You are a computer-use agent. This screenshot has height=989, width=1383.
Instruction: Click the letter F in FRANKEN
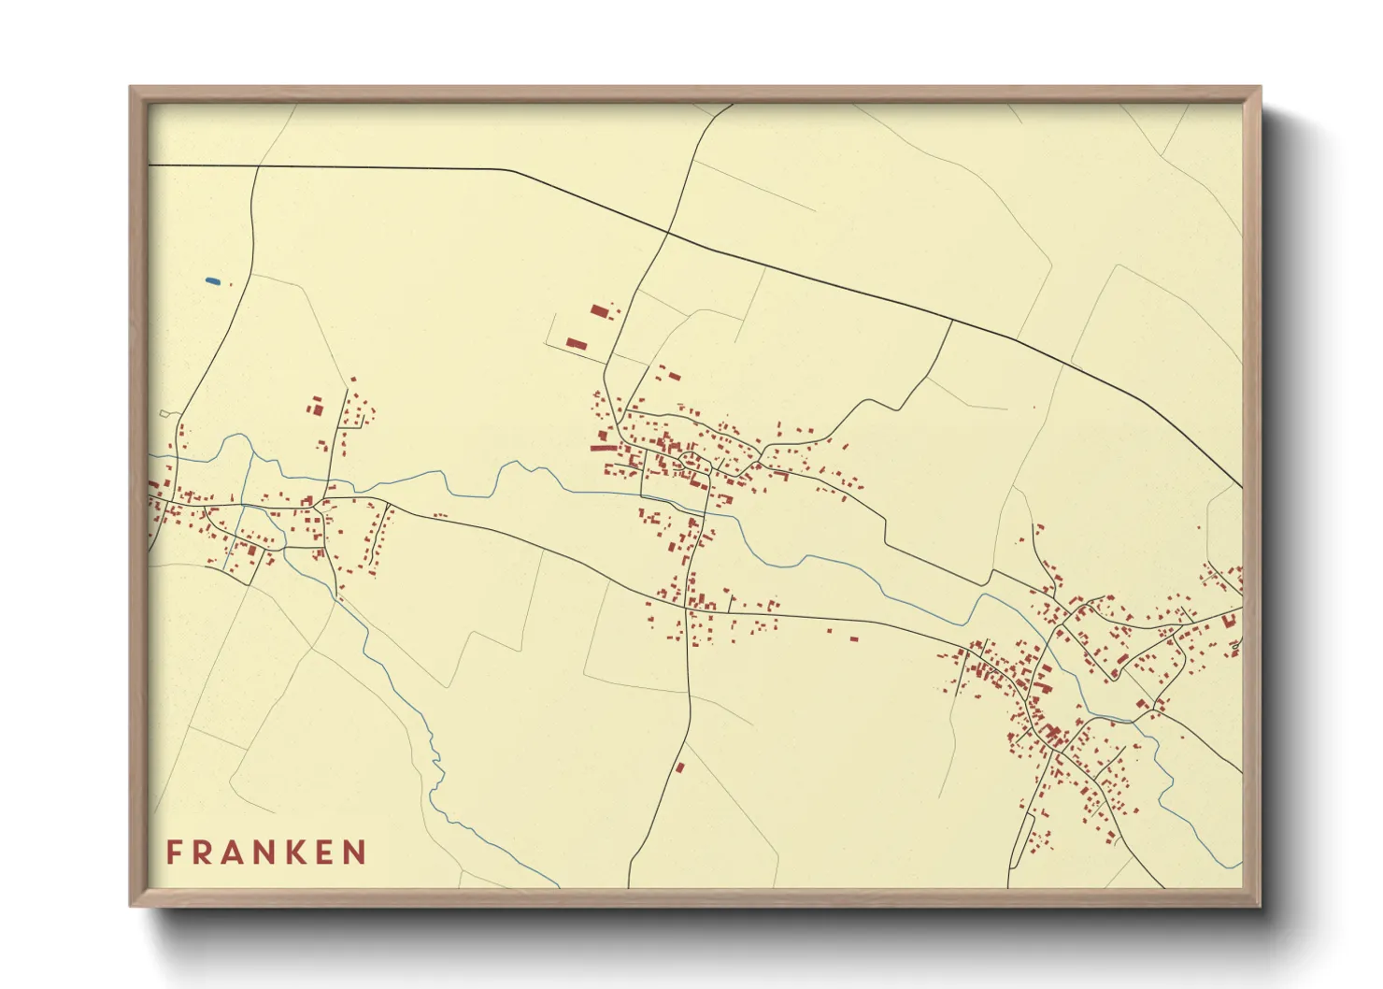click(x=175, y=853)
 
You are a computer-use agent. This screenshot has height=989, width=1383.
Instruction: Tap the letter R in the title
click(x=204, y=853)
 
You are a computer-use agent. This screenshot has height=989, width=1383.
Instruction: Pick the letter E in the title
click(x=324, y=853)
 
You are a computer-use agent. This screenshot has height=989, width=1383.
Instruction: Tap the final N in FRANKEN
click(x=354, y=853)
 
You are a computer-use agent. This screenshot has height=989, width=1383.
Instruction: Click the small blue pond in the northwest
click(x=212, y=280)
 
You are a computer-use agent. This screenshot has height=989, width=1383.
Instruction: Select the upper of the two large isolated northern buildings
click(x=599, y=310)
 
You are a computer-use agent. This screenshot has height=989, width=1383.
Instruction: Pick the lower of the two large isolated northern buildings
click(x=576, y=344)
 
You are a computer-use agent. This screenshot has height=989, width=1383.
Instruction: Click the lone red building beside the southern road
click(x=680, y=767)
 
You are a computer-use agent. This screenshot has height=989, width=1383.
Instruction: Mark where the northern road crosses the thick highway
click(x=669, y=233)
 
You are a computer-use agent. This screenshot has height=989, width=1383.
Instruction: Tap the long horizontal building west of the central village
click(x=604, y=448)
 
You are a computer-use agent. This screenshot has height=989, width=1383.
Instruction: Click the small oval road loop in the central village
click(x=691, y=460)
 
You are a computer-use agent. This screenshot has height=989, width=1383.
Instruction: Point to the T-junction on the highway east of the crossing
click(x=951, y=321)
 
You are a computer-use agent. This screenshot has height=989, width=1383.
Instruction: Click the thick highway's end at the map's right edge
click(x=1241, y=487)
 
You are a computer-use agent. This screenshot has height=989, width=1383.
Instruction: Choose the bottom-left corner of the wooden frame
click(x=132, y=905)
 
